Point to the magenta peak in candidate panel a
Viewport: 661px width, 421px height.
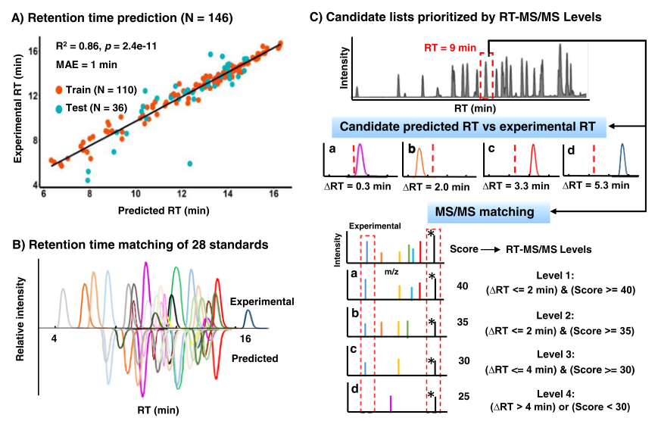coord(360,159)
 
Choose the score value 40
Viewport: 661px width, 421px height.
coord(462,286)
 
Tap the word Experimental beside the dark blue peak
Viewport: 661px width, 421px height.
coord(263,302)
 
